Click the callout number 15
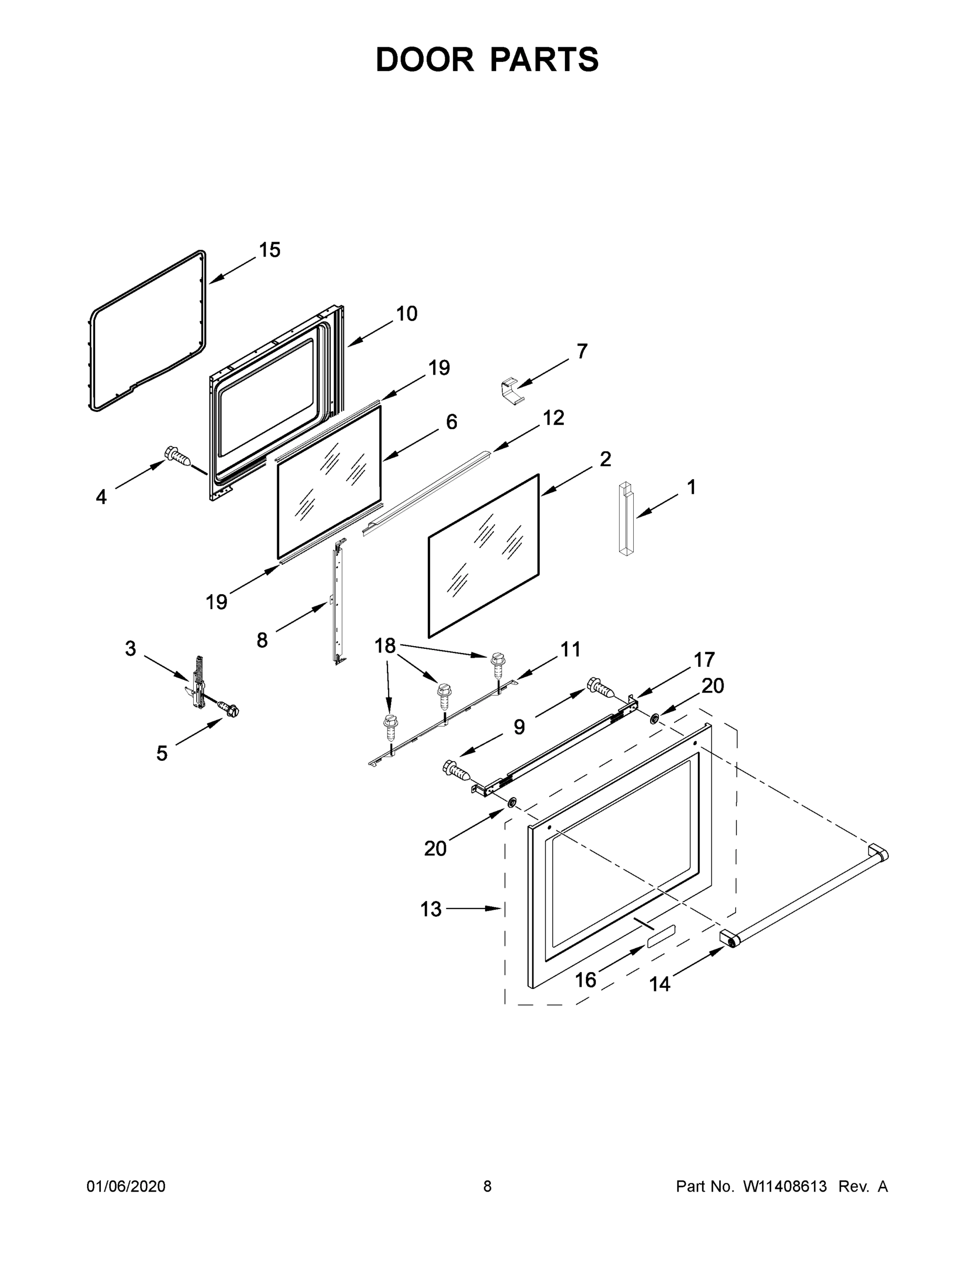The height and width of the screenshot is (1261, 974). [269, 250]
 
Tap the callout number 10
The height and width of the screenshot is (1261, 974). [406, 314]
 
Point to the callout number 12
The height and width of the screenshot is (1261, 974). [553, 418]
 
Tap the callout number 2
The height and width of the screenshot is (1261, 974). [605, 459]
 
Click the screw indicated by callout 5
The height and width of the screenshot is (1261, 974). [228, 709]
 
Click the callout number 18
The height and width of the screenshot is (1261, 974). [385, 646]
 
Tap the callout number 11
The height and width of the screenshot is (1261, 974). [570, 649]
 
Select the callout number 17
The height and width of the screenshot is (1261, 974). [704, 659]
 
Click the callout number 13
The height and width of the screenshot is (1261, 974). [431, 909]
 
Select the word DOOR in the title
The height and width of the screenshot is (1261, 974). [425, 59]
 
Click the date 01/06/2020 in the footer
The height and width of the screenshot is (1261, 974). [126, 1186]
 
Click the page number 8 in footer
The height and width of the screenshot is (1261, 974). [487, 1186]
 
